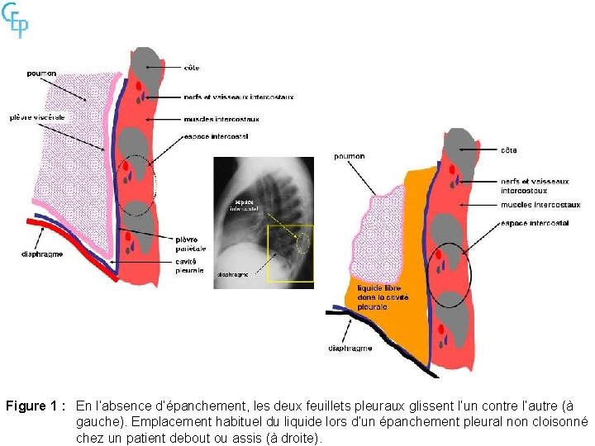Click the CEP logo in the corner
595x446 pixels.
pos(16,20)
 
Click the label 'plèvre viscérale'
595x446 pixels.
pos(38,116)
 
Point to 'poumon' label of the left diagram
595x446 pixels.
pos(41,74)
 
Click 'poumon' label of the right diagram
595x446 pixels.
pos(350,156)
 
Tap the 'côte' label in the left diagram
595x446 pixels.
pos(192,67)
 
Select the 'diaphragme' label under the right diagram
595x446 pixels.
pos(350,349)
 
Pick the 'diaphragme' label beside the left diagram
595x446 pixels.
pos(42,254)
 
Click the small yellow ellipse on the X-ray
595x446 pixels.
pos(303,243)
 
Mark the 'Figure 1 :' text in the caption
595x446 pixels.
pos(36,406)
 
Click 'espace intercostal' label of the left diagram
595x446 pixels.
pos(217,135)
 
